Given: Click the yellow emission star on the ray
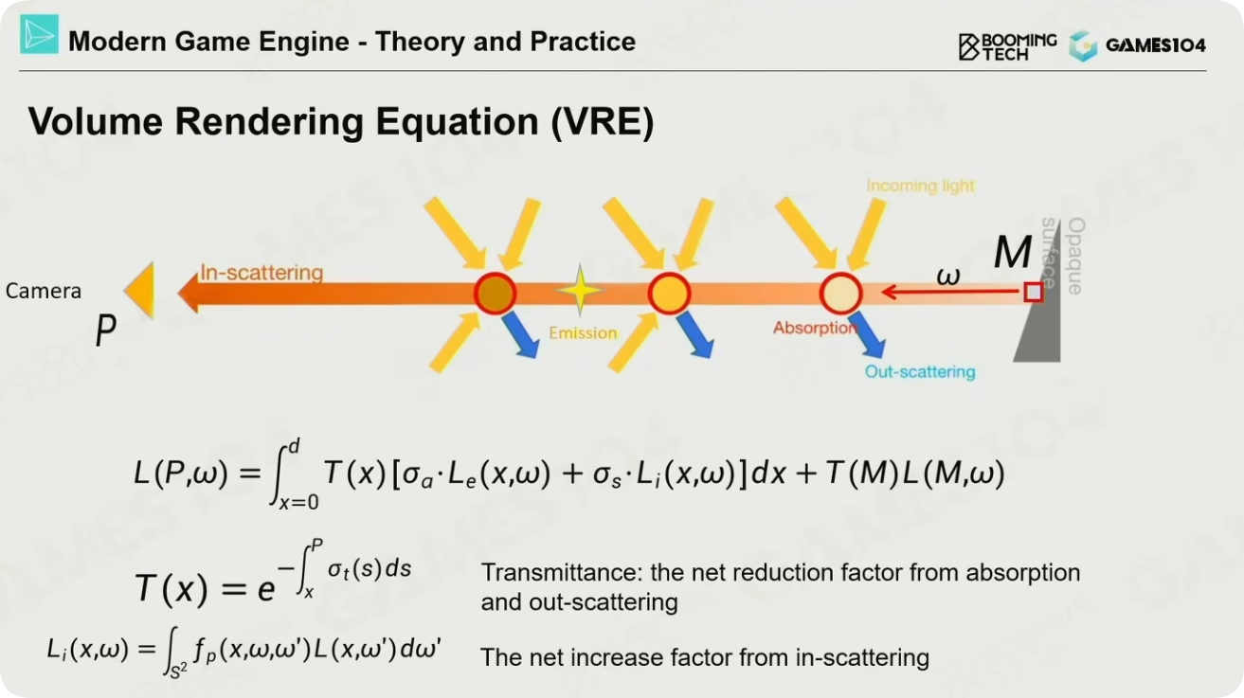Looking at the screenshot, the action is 580,290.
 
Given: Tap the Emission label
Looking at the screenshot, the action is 583,332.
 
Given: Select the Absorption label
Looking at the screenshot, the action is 815,328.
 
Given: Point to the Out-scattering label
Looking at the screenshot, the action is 920,371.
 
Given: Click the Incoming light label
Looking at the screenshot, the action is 920,186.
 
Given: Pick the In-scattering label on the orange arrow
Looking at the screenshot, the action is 261,273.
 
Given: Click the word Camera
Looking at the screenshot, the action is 44,291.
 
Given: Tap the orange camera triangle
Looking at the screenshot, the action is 139,290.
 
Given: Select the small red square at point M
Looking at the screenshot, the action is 1033,292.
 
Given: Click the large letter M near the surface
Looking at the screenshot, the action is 1013,252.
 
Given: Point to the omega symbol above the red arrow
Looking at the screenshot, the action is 948,276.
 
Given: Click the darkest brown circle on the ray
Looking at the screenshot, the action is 495,294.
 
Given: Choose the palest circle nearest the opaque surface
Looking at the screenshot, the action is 840,294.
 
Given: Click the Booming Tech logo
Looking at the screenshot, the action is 1007,46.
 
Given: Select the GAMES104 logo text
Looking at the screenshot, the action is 1156,45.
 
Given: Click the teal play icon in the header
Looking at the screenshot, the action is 40,34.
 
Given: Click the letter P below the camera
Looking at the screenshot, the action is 105,330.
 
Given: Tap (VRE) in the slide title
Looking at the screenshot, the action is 603,121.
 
